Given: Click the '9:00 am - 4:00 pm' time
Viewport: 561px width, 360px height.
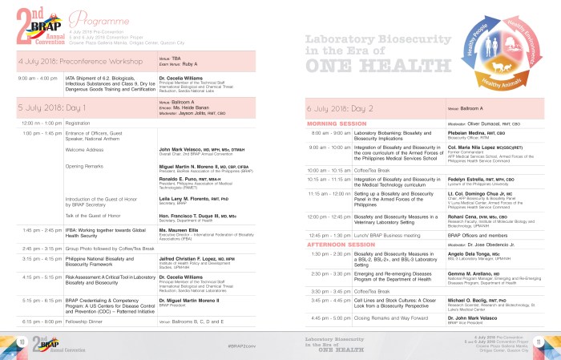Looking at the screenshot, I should [x=38, y=79].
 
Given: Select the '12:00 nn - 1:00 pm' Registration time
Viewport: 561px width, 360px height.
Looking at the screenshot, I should [x=38, y=123].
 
